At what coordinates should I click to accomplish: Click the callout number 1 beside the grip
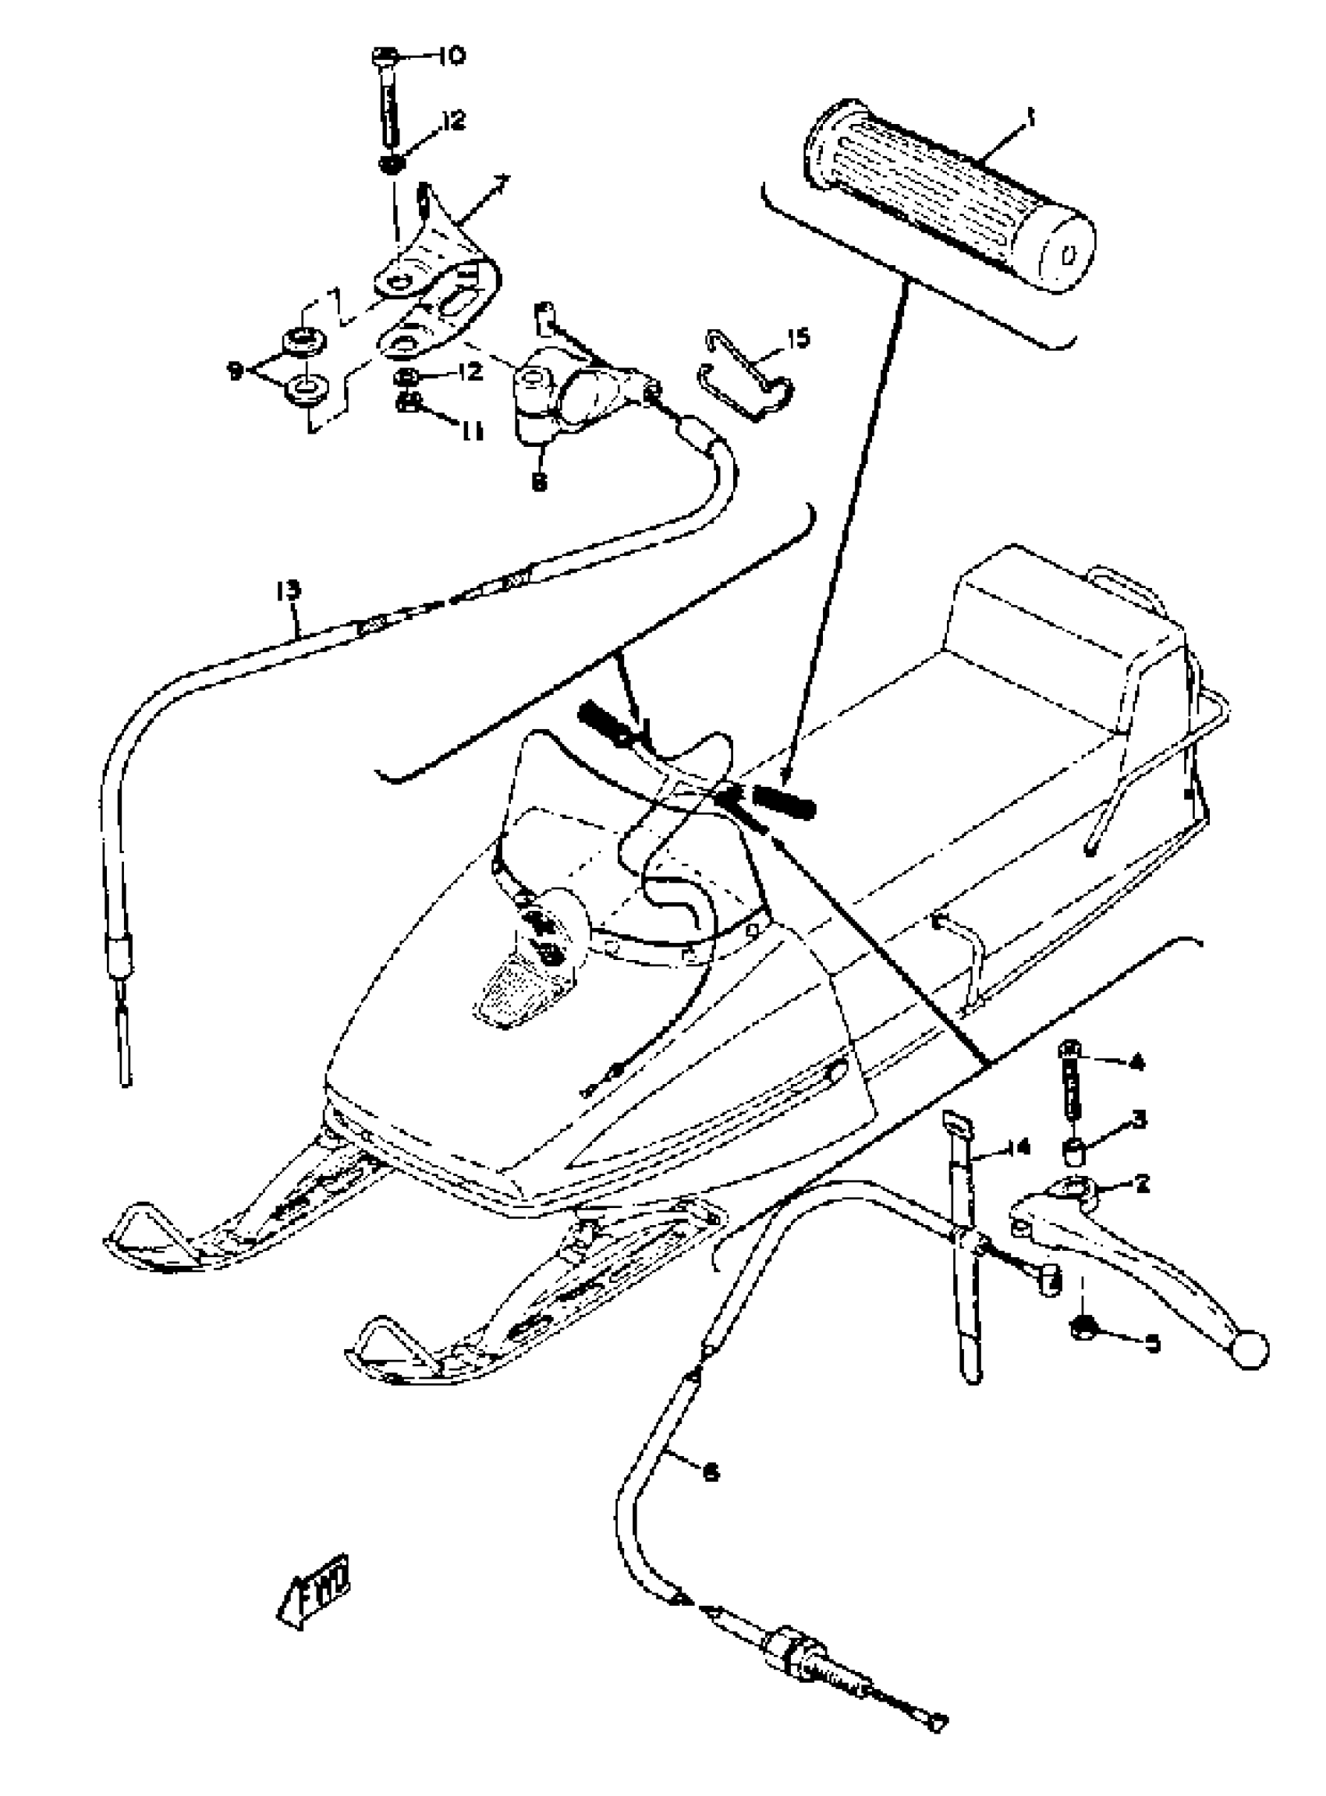click(x=1030, y=119)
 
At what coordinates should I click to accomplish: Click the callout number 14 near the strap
click(x=1017, y=1148)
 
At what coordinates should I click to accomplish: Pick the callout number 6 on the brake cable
click(x=710, y=1471)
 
